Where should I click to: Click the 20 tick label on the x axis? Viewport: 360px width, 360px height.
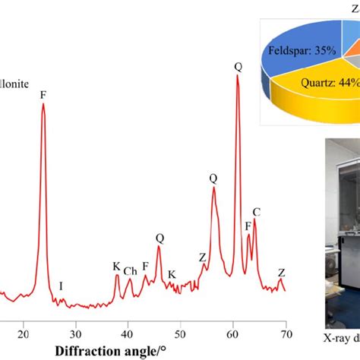coord(24,332)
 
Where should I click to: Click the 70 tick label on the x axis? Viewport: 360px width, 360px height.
coord(286,332)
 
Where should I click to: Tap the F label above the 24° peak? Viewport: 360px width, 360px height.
coord(43,96)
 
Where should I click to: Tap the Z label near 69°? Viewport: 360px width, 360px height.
coord(282,294)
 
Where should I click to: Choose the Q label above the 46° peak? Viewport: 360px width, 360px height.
coord(159,238)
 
